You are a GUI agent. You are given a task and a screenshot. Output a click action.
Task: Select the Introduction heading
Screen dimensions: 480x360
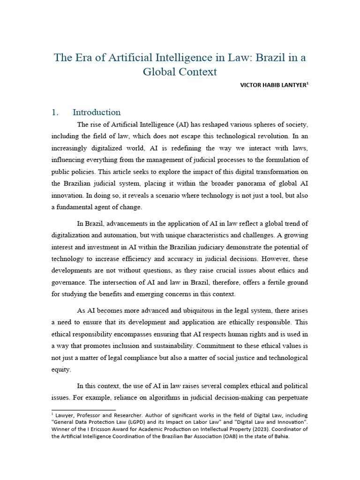pyautogui.click(x=97, y=112)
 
